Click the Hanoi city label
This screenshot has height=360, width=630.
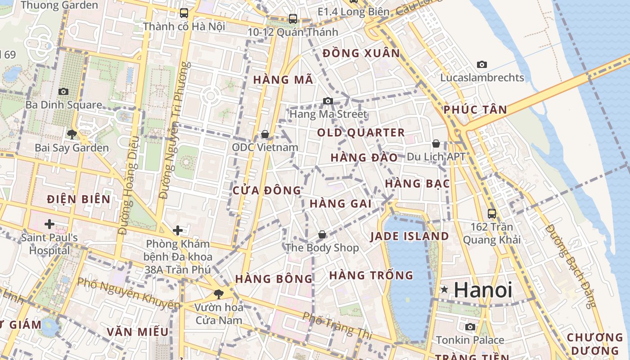click(483, 290)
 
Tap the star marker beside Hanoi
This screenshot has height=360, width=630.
click(445, 290)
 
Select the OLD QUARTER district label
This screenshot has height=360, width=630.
click(361, 133)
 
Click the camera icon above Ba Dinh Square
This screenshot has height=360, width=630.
click(63, 91)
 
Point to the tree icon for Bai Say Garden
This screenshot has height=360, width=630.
click(72, 134)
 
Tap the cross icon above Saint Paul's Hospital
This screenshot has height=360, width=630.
click(49, 224)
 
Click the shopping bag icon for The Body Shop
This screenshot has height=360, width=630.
click(322, 234)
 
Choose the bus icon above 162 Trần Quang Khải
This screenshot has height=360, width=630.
click(492, 213)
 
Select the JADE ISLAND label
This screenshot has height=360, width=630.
click(409, 236)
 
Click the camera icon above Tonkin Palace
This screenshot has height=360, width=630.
click(470, 327)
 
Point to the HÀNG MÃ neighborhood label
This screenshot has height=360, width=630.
click(283, 80)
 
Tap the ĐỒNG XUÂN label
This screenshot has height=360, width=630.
click(361, 53)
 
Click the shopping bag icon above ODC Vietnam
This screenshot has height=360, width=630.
click(265, 134)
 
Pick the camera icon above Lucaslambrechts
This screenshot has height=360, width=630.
click(482, 64)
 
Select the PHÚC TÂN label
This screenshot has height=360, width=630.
click(475, 109)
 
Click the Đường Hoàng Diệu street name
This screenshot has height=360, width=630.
click(128, 184)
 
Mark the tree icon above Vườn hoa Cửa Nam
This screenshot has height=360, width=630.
click(219, 294)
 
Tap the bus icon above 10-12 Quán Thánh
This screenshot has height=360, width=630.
click(293, 18)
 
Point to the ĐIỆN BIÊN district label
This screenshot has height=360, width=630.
click(79, 199)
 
